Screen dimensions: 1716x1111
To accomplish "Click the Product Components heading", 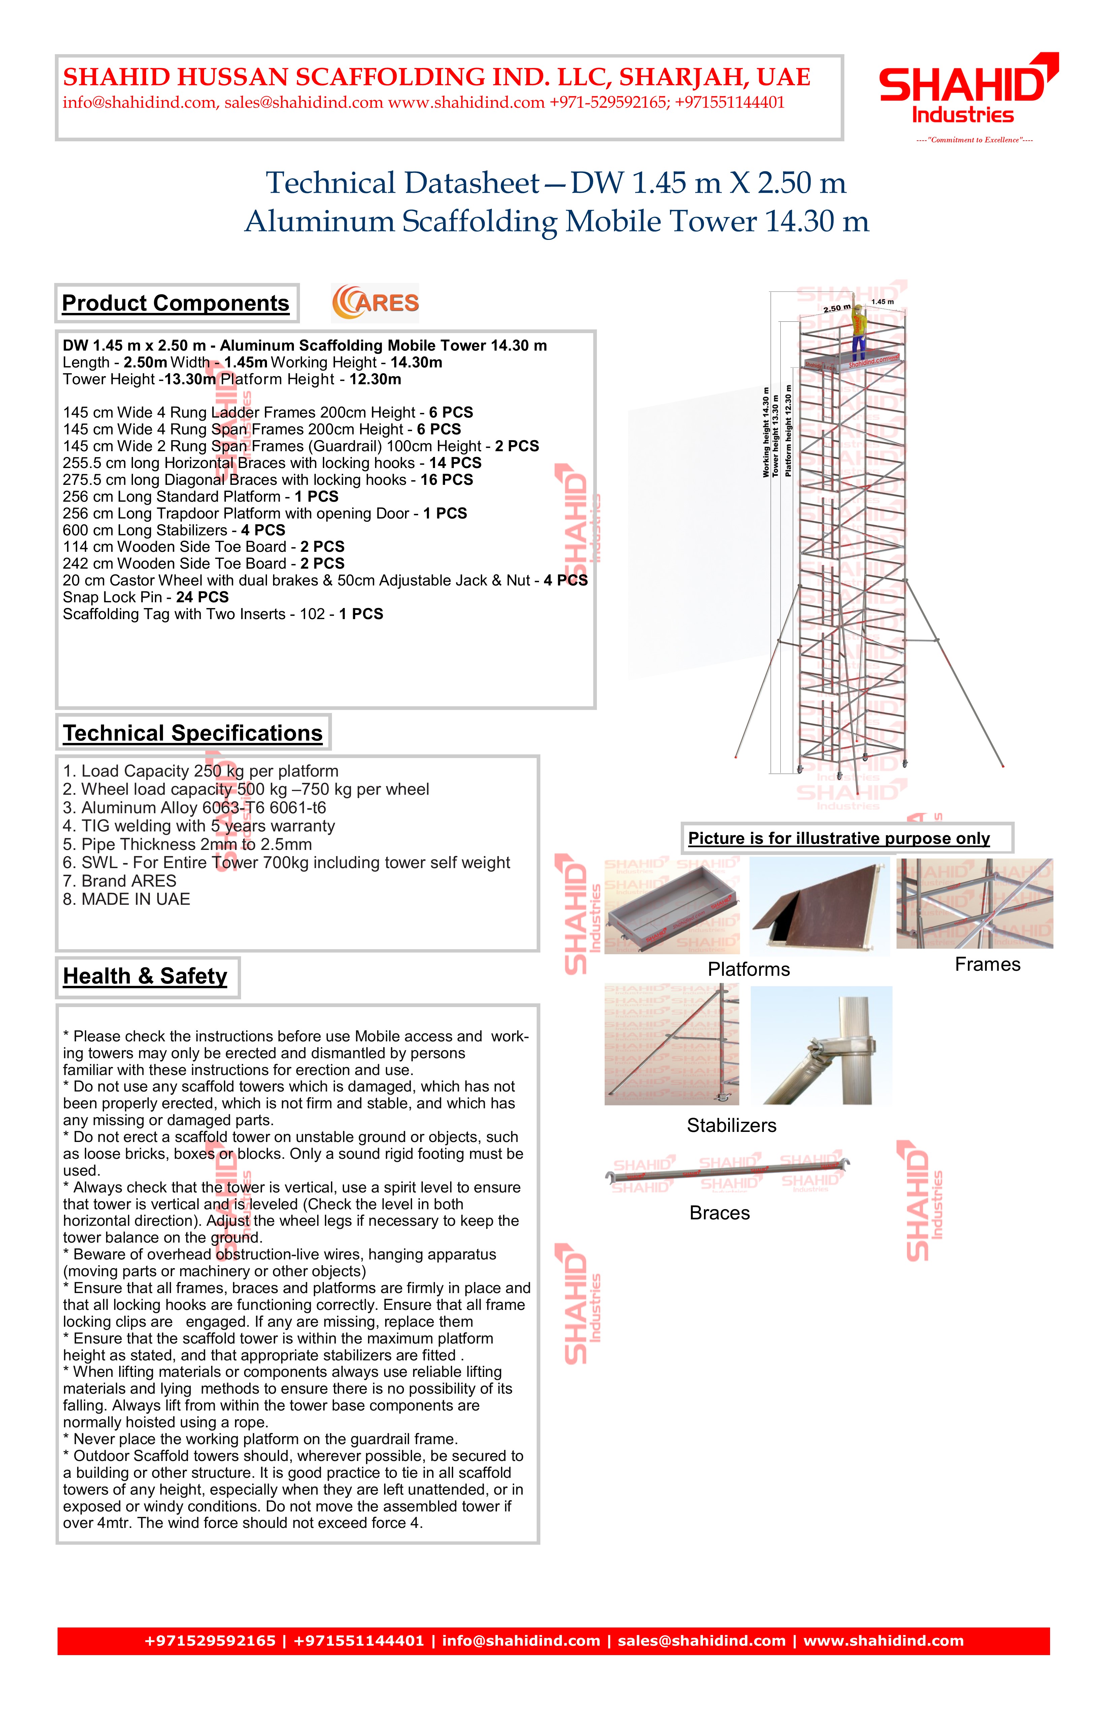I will [175, 303].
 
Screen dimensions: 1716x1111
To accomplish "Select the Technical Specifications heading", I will [193, 733].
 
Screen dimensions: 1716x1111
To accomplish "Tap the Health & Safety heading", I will [145, 976].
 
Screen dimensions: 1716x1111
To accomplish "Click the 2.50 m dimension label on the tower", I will [837, 309].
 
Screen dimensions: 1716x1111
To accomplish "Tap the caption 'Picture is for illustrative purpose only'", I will [839, 838].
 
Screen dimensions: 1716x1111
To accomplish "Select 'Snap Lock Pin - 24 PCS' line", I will [146, 598].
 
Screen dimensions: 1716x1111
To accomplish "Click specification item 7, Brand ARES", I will [120, 881].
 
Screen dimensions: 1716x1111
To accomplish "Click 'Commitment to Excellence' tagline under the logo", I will [974, 140].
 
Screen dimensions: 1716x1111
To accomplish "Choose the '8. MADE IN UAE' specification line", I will [127, 900].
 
